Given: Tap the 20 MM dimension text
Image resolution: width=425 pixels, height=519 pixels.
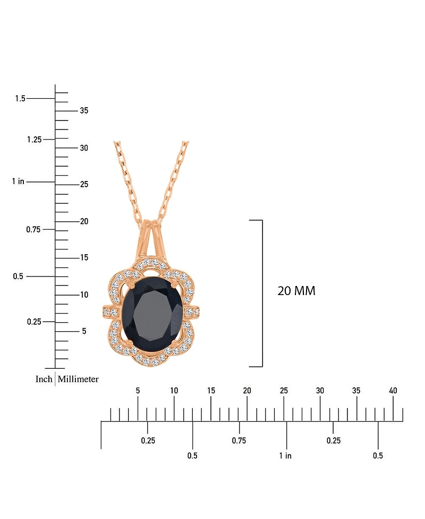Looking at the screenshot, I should pyautogui.click(x=296, y=291).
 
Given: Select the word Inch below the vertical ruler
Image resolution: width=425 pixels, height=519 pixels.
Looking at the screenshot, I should pyautogui.click(x=44, y=379).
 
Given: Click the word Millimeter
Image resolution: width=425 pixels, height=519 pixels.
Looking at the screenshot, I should pyautogui.click(x=78, y=379).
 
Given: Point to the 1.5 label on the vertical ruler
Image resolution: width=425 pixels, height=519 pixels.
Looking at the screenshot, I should pyautogui.click(x=20, y=98).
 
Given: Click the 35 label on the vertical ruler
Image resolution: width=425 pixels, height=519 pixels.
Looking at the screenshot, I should pyautogui.click(x=84, y=110).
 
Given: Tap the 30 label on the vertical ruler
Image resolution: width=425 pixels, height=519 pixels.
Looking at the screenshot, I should pyautogui.click(x=84, y=148).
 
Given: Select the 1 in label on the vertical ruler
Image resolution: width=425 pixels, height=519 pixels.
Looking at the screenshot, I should pyautogui.click(x=18, y=181).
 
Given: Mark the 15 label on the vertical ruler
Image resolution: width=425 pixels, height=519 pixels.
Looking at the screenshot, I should pyautogui.click(x=84, y=257).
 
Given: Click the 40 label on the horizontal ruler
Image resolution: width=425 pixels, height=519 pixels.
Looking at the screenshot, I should pyautogui.click(x=393, y=391).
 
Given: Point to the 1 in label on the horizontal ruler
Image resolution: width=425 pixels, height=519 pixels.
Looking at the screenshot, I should pyautogui.click(x=285, y=455).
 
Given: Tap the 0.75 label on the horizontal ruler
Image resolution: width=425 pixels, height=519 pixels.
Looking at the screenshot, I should pyautogui.click(x=239, y=440).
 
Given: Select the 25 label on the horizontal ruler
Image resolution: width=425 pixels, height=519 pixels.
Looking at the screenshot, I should pyautogui.click(x=284, y=391).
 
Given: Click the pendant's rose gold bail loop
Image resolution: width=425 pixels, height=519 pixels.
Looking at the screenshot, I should pyautogui.click(x=152, y=236).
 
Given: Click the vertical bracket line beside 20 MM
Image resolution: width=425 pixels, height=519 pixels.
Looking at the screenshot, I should pyautogui.click(x=262, y=293).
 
